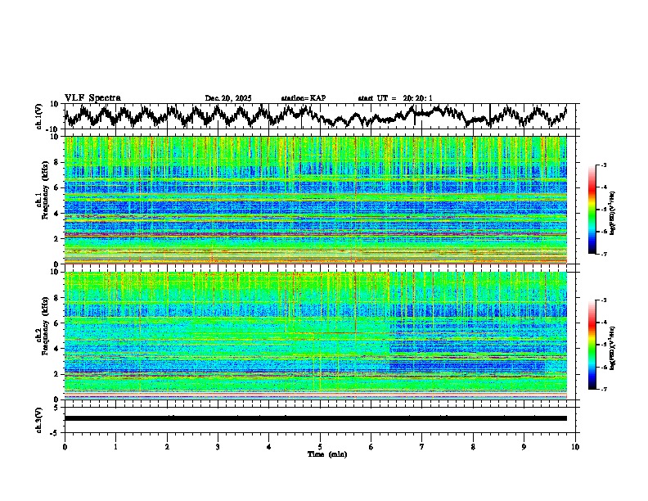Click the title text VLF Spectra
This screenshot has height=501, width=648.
click(x=92, y=97)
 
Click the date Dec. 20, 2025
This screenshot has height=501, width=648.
click(x=228, y=98)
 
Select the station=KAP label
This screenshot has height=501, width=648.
click(x=303, y=98)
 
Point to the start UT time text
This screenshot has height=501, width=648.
click(x=394, y=98)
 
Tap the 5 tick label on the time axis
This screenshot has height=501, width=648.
click(x=320, y=446)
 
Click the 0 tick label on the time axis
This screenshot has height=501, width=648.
click(x=65, y=446)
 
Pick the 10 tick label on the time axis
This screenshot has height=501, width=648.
click(x=575, y=446)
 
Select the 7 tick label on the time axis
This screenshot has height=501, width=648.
click(x=422, y=446)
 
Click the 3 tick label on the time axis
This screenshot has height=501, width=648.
click(x=218, y=446)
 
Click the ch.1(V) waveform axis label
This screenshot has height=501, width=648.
click(x=39, y=116)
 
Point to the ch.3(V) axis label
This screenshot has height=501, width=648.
click(x=39, y=417)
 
